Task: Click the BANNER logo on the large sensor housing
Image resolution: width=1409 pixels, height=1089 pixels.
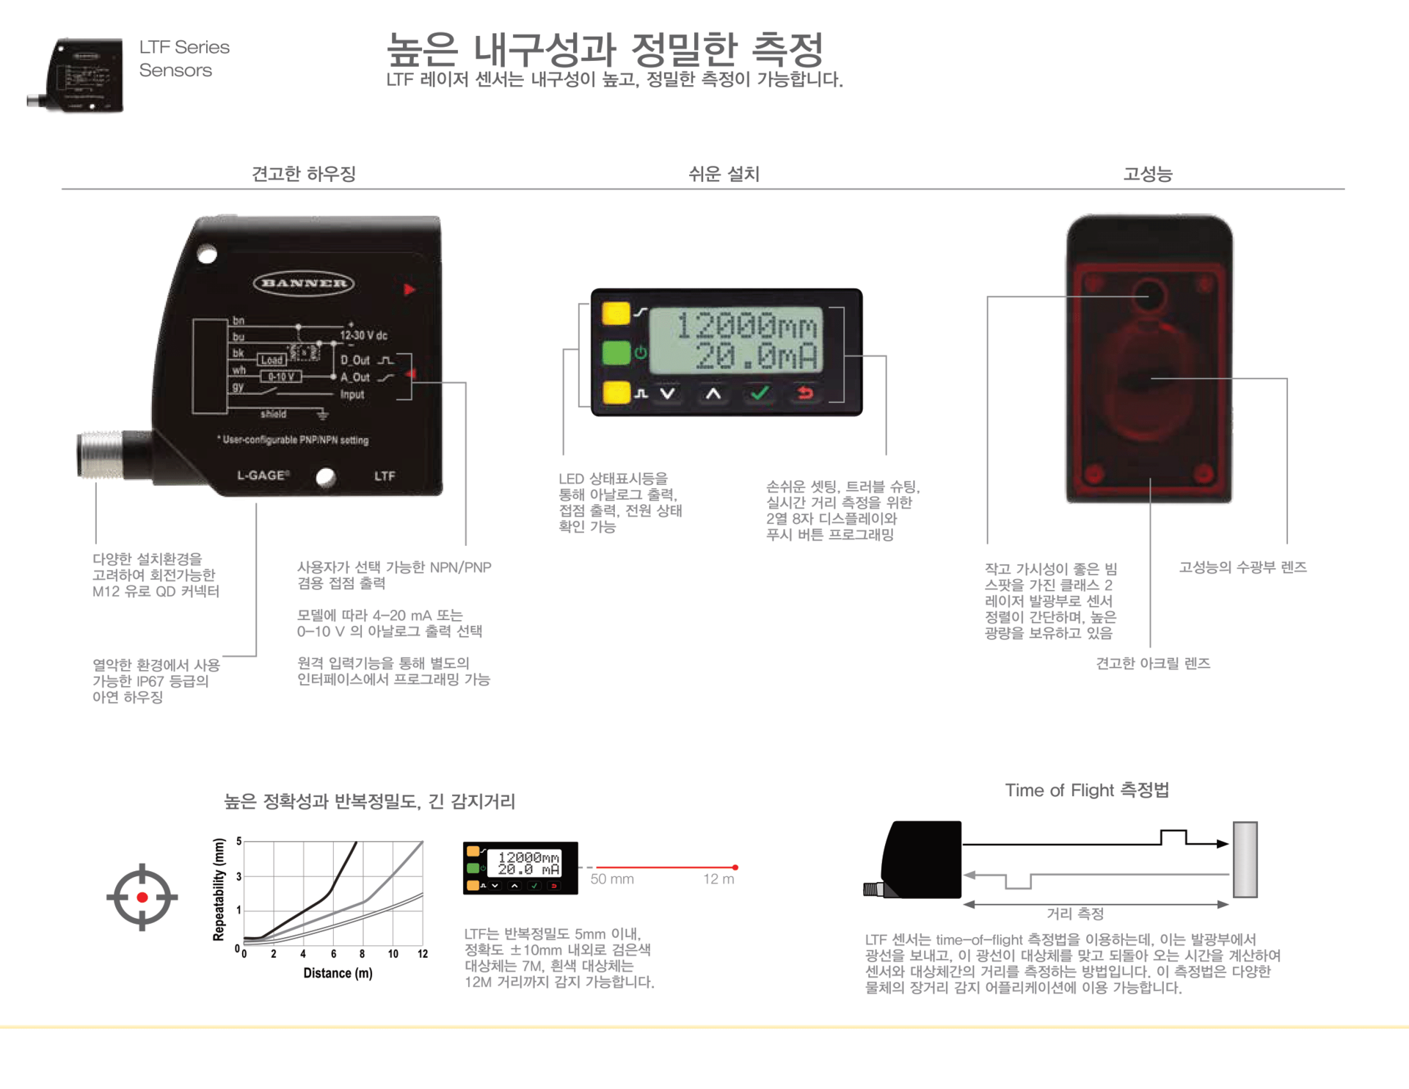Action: [304, 283]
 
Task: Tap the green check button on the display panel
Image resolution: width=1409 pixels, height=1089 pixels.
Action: [759, 393]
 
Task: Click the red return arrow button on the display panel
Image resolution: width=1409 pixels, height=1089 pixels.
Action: [805, 393]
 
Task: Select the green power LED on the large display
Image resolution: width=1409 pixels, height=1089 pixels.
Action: [616, 353]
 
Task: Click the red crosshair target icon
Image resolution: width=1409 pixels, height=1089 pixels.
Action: [142, 897]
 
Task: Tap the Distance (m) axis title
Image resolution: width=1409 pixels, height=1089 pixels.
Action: [338, 973]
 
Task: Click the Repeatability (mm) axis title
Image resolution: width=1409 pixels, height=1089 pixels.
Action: [219, 889]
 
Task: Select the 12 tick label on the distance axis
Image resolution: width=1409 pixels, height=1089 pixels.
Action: [423, 954]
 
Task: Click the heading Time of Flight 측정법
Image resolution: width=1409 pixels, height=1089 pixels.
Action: [1087, 790]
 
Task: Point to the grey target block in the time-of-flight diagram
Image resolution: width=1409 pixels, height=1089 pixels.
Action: [1245, 859]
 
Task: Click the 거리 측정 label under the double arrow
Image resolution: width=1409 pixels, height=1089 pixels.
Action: [1075, 914]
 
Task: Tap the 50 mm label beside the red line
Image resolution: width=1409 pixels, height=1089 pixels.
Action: [612, 879]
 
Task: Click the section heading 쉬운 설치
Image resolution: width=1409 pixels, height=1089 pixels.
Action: [724, 174]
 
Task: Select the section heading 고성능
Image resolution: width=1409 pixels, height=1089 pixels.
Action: [1148, 174]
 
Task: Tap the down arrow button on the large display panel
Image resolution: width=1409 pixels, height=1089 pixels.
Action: [667, 393]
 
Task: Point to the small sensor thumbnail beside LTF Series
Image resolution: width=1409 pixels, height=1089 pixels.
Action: [76, 75]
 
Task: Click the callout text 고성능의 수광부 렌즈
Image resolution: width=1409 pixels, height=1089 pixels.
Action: [1242, 567]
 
